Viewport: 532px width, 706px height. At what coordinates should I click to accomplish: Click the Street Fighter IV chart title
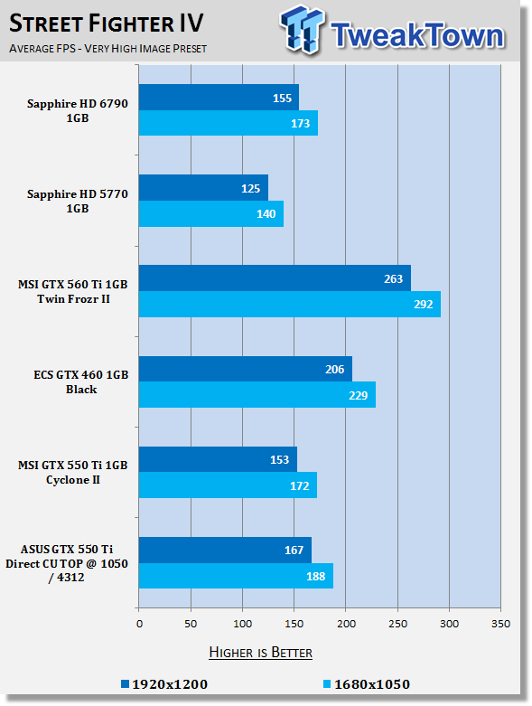[107, 24]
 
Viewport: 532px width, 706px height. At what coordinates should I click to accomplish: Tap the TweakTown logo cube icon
[303, 29]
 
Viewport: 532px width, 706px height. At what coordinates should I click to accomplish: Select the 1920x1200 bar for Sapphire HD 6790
[219, 98]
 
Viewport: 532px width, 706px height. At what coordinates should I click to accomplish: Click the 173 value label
[300, 123]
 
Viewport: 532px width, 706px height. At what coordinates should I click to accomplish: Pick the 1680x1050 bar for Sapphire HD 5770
[211, 213]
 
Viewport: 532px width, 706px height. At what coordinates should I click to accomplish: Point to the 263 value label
[393, 279]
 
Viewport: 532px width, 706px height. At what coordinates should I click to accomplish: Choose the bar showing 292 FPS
[290, 305]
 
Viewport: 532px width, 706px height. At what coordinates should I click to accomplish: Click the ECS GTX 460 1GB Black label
[81, 381]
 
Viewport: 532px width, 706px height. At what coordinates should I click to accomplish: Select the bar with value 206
[246, 369]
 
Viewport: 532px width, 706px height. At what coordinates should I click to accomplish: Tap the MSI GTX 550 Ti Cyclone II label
[73, 472]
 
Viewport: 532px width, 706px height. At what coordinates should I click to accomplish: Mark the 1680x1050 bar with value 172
[228, 485]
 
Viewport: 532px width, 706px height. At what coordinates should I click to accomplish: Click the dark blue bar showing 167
[225, 550]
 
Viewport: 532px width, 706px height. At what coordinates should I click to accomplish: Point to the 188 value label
[316, 577]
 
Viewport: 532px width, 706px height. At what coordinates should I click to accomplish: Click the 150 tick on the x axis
[294, 624]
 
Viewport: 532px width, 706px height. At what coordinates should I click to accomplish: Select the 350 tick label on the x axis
[501, 624]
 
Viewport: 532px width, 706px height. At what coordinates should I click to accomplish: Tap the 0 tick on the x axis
[139, 624]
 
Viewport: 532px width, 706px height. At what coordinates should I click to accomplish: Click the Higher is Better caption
[261, 653]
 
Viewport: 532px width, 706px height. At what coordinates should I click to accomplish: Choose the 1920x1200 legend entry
[164, 684]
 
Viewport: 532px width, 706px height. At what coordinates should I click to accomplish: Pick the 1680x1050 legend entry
[367, 684]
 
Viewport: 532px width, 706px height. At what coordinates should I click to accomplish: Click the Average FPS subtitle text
[107, 49]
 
